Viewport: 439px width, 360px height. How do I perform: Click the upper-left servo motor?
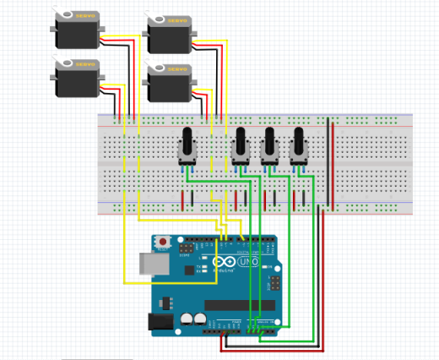pyautogui.click(x=78, y=32)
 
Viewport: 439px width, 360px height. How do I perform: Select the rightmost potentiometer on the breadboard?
pyautogui.click(x=298, y=145)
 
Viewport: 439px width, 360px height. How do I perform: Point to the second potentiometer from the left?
pyautogui.click(x=241, y=145)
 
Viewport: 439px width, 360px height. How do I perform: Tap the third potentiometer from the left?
pyautogui.click(x=270, y=145)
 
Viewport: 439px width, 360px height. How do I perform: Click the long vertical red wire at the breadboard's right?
pyautogui.click(x=333, y=166)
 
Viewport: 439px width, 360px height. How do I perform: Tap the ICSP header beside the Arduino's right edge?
pyautogui.click(x=274, y=282)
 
